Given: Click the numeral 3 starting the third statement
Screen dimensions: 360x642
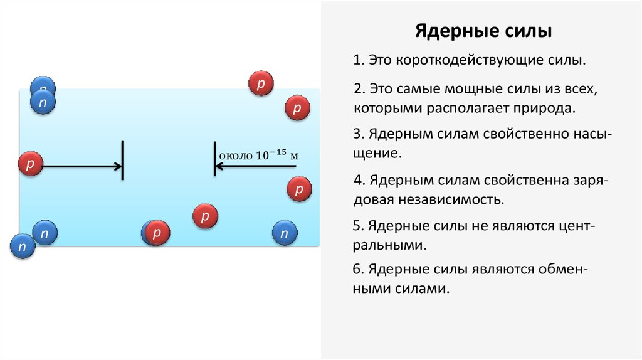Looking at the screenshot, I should [357, 134].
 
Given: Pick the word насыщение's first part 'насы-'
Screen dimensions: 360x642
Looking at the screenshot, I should [584, 134].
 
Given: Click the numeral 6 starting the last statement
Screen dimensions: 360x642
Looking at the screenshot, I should [357, 270].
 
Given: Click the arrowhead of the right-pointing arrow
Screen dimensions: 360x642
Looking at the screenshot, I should [118, 166].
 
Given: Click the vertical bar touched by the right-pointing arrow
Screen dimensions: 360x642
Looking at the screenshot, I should [122, 161].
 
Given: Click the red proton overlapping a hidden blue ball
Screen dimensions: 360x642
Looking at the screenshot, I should [157, 233].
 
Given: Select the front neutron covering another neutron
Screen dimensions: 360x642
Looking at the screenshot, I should [43, 102].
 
